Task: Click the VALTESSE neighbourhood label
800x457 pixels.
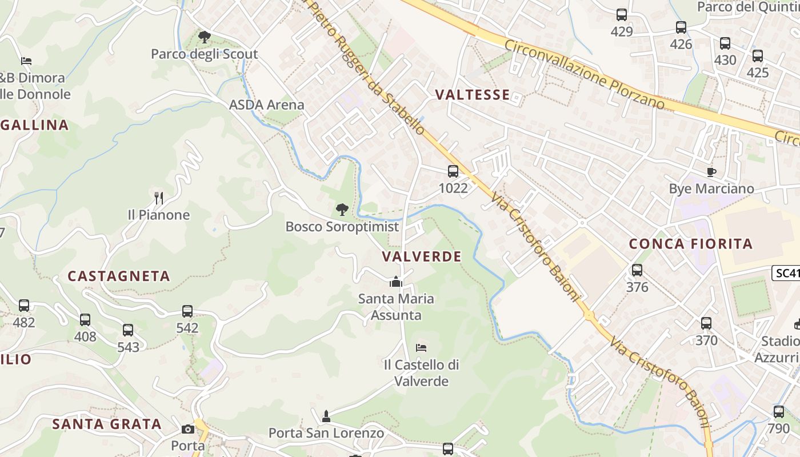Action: tap(472, 95)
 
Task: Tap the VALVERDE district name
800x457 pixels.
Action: tap(422, 256)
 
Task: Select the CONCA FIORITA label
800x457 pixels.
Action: tap(691, 244)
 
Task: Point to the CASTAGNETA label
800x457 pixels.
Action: tap(119, 276)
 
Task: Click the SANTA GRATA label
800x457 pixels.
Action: tap(107, 424)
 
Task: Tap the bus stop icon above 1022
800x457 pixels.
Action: tap(453, 171)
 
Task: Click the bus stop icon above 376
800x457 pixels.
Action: tap(637, 270)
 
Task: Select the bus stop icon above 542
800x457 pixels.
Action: tap(187, 311)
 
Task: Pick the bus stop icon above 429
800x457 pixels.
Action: tap(622, 15)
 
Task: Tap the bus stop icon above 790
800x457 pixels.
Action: tap(779, 412)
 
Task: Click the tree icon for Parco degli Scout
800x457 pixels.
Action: tap(204, 37)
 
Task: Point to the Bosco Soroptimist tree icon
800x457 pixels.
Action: tap(342, 210)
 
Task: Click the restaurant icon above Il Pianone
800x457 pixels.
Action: tap(159, 198)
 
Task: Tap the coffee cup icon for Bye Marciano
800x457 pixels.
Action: tap(711, 172)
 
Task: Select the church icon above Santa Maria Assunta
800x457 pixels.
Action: tap(395, 282)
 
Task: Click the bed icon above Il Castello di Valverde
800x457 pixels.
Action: tap(421, 347)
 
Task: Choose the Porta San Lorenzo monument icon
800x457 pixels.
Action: tap(326, 416)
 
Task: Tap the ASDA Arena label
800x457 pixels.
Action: tap(267, 105)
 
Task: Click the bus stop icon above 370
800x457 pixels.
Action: tap(706, 323)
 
